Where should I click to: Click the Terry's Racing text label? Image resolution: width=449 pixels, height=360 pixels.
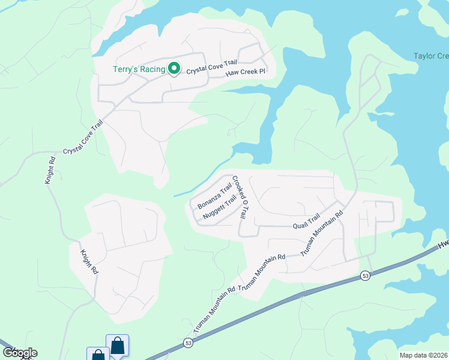139,69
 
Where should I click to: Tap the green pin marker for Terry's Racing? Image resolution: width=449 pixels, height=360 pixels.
174,69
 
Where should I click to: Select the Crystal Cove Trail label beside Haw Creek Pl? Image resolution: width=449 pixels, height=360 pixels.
212,67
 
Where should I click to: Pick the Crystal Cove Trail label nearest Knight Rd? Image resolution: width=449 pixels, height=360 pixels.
83,137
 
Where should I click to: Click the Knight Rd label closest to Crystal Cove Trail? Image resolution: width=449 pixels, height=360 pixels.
51,170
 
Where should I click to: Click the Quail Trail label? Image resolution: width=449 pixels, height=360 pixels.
307,223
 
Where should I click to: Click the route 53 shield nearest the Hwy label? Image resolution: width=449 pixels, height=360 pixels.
366,275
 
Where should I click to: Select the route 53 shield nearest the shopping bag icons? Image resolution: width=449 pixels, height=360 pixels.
188,343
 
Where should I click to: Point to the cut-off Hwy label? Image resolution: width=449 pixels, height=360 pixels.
443,244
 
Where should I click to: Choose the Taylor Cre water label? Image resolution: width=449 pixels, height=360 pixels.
431,56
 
